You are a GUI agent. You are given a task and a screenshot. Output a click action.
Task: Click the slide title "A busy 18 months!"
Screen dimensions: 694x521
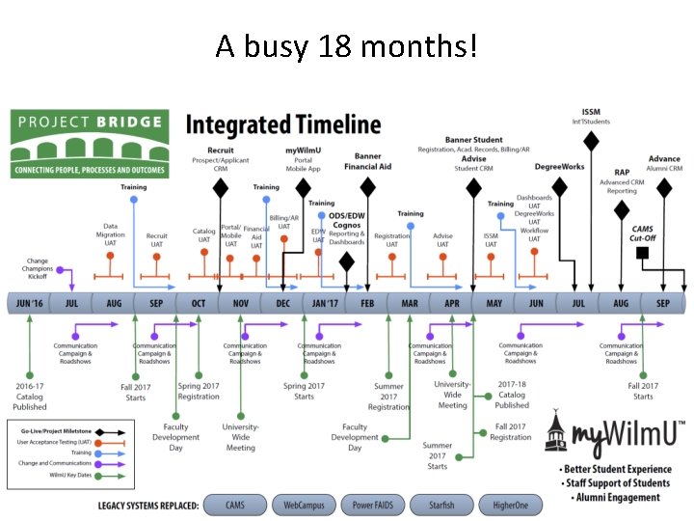point(347,45)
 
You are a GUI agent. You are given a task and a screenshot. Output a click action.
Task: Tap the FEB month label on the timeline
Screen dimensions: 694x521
point(367,303)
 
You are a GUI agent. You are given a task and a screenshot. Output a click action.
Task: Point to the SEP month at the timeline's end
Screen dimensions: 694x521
point(663,303)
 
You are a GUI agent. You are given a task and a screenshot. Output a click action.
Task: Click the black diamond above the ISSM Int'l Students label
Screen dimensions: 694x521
point(591,141)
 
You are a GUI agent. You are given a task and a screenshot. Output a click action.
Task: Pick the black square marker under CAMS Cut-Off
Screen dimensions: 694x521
point(642,254)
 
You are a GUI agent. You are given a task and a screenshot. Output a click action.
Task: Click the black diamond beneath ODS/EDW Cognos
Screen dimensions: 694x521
point(346,260)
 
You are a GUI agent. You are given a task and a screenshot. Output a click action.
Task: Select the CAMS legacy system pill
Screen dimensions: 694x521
point(234,505)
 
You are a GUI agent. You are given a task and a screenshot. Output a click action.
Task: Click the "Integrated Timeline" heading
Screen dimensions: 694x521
point(282,123)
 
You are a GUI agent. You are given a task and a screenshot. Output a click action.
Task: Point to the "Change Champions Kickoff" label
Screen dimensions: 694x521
point(36,269)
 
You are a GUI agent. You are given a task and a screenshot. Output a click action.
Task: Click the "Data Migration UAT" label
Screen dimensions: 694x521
point(115,234)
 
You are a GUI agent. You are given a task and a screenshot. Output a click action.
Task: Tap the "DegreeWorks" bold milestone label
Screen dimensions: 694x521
point(559,167)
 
